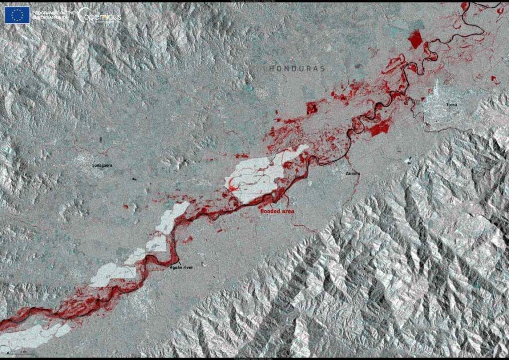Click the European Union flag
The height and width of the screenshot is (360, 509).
pyautogui.click(x=17, y=15)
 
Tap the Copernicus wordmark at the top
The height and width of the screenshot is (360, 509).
pyautogui.click(x=99, y=15)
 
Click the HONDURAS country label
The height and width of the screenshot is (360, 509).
pyautogui.click(x=297, y=68)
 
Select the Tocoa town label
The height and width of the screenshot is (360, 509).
pyautogui.click(x=451, y=105)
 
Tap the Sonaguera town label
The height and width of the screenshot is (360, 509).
pyautogui.click(x=102, y=164)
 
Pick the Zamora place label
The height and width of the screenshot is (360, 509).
pyautogui.click(x=353, y=173)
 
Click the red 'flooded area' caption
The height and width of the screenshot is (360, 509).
pyautogui.click(x=278, y=211)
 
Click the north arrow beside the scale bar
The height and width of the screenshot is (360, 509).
pyautogui.click(x=8, y=352)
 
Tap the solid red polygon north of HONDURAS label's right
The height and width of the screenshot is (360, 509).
pyautogui.click(x=415, y=39)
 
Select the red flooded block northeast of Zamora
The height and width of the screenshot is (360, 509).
pyautogui.click(x=380, y=127)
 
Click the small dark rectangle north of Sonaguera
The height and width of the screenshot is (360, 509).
pyautogui.click(x=101, y=140)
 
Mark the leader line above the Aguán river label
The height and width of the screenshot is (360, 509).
pyautogui.click(x=176, y=261)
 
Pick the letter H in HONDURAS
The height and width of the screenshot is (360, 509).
pyautogui.click(x=272, y=68)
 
